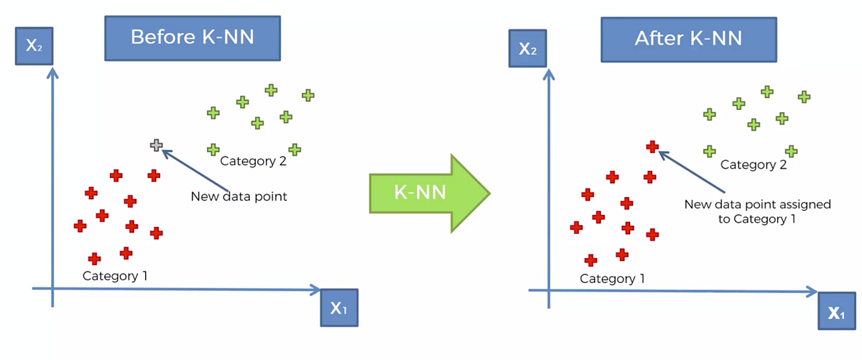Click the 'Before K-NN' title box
(192, 37)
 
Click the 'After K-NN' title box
(687, 39)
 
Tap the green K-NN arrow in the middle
(429, 193)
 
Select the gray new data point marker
(156, 145)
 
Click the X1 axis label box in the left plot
(338, 309)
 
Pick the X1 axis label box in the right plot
(836, 312)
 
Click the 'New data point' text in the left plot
(238, 196)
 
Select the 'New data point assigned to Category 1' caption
(756, 212)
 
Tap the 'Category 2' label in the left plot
(253, 161)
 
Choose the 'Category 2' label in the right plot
(753, 165)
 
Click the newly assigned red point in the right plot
(652, 147)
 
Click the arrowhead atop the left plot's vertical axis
(52, 72)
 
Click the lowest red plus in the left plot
(94, 259)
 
